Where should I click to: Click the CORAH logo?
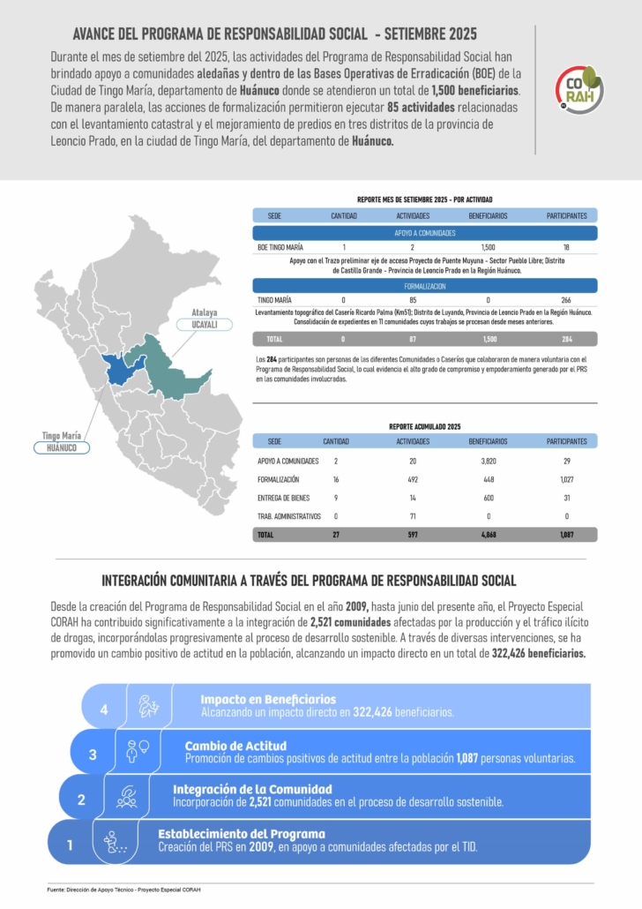click(x=579, y=89)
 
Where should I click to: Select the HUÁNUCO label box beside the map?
click(x=62, y=447)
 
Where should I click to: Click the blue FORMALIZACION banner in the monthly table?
click(x=424, y=286)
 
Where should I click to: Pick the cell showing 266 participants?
click(x=566, y=300)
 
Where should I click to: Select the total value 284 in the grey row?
click(x=566, y=339)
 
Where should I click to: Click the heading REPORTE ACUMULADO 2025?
click(x=424, y=426)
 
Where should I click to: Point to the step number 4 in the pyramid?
click(x=104, y=710)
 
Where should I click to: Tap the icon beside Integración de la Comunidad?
click(x=127, y=797)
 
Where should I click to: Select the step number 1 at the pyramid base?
click(x=70, y=845)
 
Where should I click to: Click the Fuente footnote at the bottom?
click(x=123, y=890)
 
